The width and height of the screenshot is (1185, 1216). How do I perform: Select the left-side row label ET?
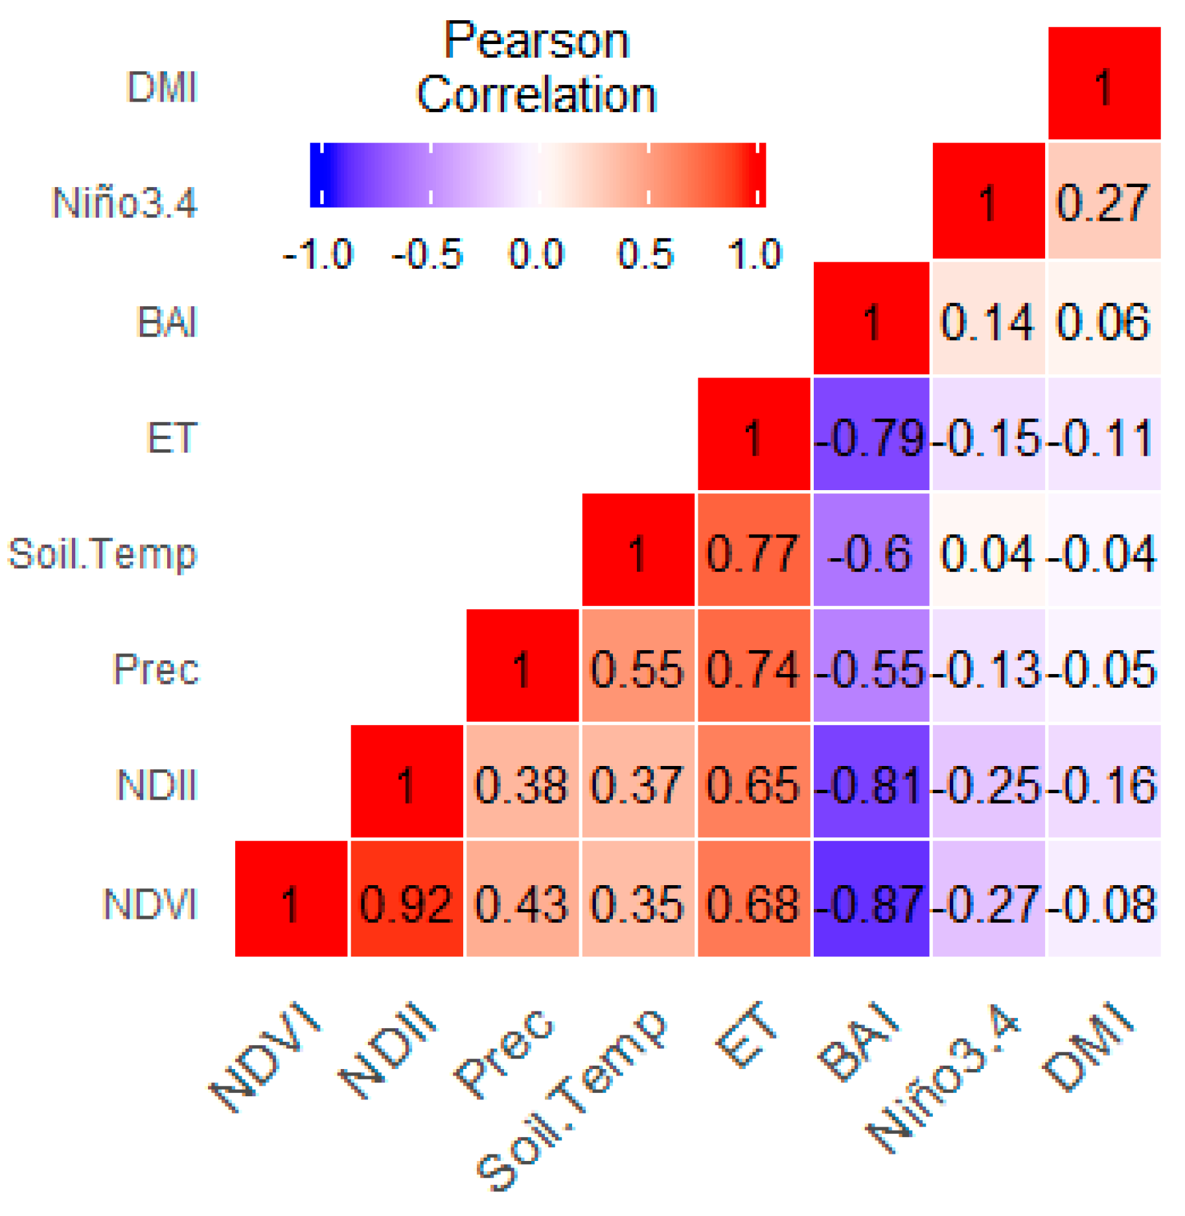(171, 438)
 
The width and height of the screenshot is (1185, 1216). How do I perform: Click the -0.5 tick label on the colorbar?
(428, 254)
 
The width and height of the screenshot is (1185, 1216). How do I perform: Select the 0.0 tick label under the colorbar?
(536, 254)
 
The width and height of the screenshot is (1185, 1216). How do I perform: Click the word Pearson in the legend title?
(536, 41)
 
